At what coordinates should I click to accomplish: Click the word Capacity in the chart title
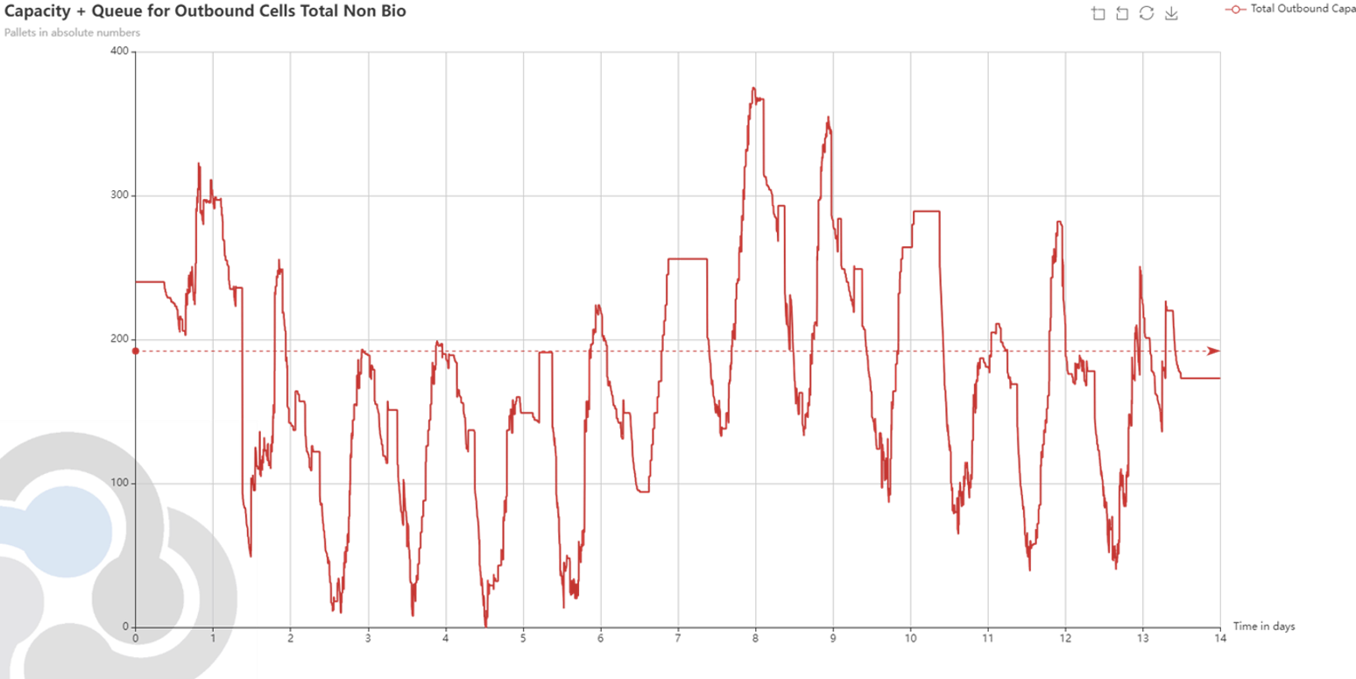36,11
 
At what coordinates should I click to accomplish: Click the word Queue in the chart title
117,11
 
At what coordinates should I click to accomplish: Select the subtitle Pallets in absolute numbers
73,32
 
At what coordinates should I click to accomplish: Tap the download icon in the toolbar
1170,13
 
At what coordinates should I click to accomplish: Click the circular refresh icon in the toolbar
1146,13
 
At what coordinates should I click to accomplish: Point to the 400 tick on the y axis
120,52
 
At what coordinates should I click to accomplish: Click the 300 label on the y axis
120,195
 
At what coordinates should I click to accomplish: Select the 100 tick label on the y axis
120,484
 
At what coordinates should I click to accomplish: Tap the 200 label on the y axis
120,339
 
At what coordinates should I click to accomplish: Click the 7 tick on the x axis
678,638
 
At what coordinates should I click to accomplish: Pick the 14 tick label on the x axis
1219,638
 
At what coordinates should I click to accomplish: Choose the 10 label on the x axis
910,638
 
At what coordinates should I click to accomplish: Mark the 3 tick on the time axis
368,638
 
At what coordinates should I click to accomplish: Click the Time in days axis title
1263,626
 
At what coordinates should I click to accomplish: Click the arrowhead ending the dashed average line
1212,351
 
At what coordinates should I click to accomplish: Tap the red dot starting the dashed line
136,351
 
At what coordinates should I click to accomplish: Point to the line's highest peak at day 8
752,90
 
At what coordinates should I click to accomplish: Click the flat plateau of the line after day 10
926,211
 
